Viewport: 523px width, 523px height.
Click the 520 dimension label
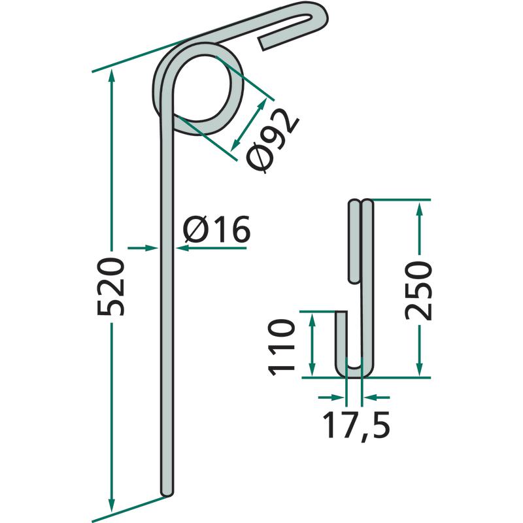(x=111, y=286)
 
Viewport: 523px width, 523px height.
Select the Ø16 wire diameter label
(x=216, y=229)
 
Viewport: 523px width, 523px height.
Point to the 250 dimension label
(x=418, y=290)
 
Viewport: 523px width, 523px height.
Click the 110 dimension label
(x=282, y=347)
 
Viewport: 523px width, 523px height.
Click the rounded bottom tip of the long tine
(x=167, y=492)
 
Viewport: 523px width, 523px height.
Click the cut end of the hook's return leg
(x=261, y=44)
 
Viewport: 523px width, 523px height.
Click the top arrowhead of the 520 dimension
(x=112, y=76)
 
